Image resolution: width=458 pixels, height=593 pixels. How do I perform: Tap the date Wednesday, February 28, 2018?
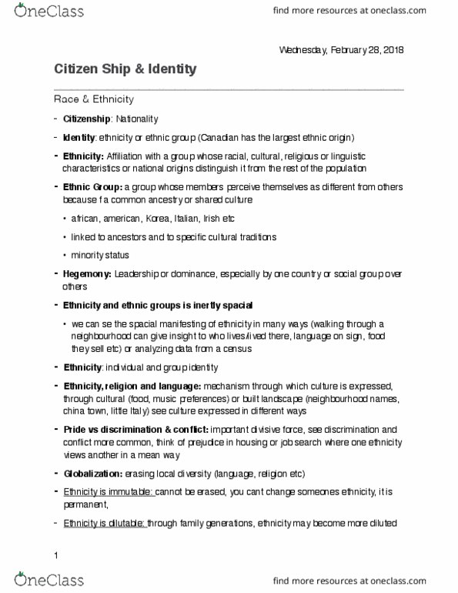pos(340,50)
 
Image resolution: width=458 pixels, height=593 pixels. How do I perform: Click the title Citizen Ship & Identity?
pos(125,70)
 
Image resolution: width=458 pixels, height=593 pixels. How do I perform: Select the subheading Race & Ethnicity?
pos(94,99)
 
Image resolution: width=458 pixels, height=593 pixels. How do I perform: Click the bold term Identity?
pos(79,138)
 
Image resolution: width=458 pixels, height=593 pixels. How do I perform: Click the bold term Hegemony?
pos(88,273)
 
